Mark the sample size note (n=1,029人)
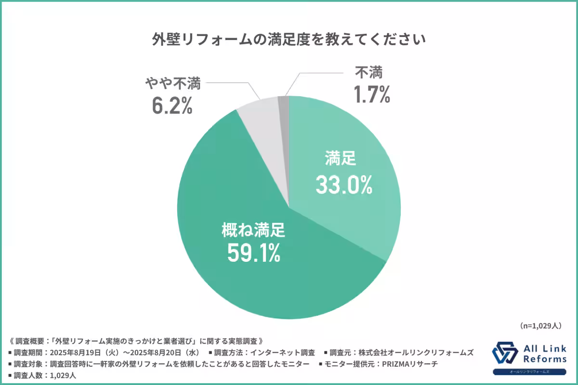tap(541, 326)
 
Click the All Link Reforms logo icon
tap(505, 354)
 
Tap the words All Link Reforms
tap(544, 354)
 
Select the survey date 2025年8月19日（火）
tap(83, 353)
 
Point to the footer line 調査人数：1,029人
tap(44, 375)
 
